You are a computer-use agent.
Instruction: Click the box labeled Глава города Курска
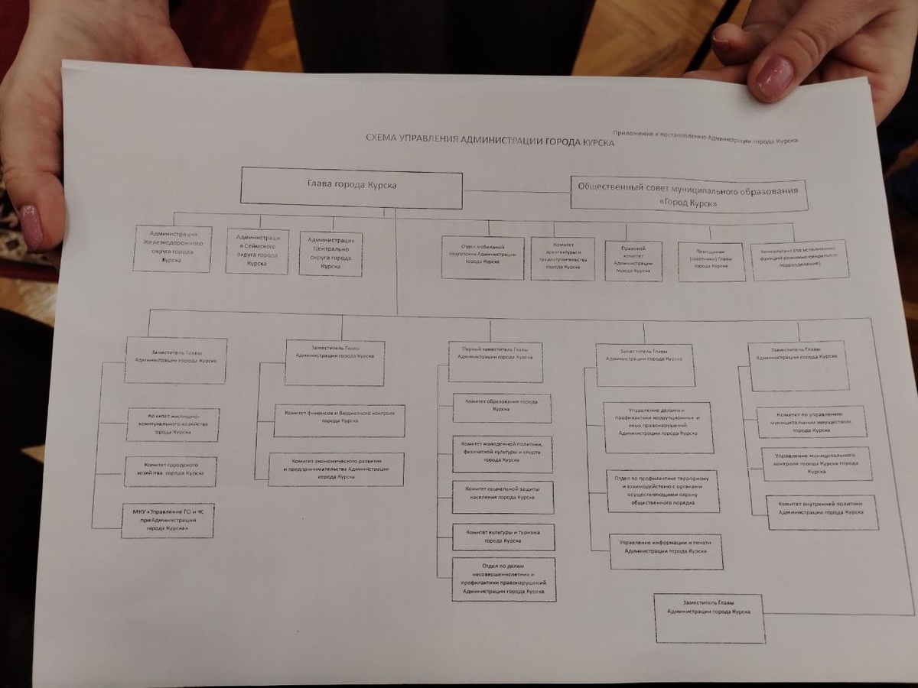pos(351,188)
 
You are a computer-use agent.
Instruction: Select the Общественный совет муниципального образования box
pos(688,195)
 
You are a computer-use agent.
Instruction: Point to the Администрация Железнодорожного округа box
pos(172,248)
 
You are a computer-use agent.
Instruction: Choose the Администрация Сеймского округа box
pos(257,251)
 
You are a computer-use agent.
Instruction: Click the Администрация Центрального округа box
pos(330,253)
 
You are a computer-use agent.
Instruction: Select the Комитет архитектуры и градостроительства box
pos(562,258)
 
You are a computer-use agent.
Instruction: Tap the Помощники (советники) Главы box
pos(711,262)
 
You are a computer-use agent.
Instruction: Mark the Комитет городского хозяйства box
pos(170,472)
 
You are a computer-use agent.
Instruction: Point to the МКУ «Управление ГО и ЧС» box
pos(168,521)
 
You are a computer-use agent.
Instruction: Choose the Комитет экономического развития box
pos(336,469)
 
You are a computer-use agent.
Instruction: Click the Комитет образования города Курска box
pos(502,408)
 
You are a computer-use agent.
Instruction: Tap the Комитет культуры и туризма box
pos(503,537)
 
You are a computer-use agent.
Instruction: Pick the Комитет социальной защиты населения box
pos(503,498)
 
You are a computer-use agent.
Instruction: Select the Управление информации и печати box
pos(666,551)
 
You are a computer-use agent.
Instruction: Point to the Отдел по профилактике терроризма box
pos(662,491)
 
